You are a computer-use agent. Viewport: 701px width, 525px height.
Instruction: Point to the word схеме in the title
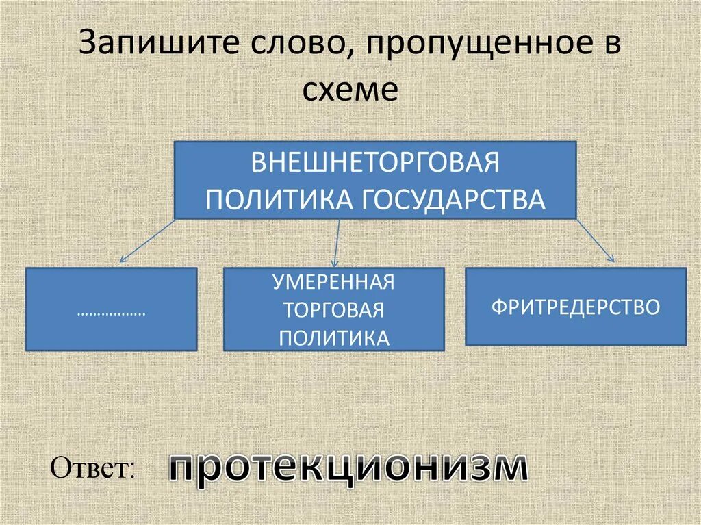350,90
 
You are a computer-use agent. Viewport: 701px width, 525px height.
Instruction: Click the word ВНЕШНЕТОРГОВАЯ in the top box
375,164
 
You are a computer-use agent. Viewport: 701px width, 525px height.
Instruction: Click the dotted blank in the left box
112,313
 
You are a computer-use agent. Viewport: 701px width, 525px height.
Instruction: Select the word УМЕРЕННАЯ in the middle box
334,282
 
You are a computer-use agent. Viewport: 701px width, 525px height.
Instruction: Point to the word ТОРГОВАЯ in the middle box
334,309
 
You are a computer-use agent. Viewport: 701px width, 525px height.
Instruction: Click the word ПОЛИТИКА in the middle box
334,337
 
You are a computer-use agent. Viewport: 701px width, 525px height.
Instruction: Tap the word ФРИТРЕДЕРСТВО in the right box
576,306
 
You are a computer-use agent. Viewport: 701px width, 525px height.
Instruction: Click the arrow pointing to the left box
147,241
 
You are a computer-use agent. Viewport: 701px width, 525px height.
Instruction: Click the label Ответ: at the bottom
92,468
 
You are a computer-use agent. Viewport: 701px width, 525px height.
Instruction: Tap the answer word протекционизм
348,469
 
